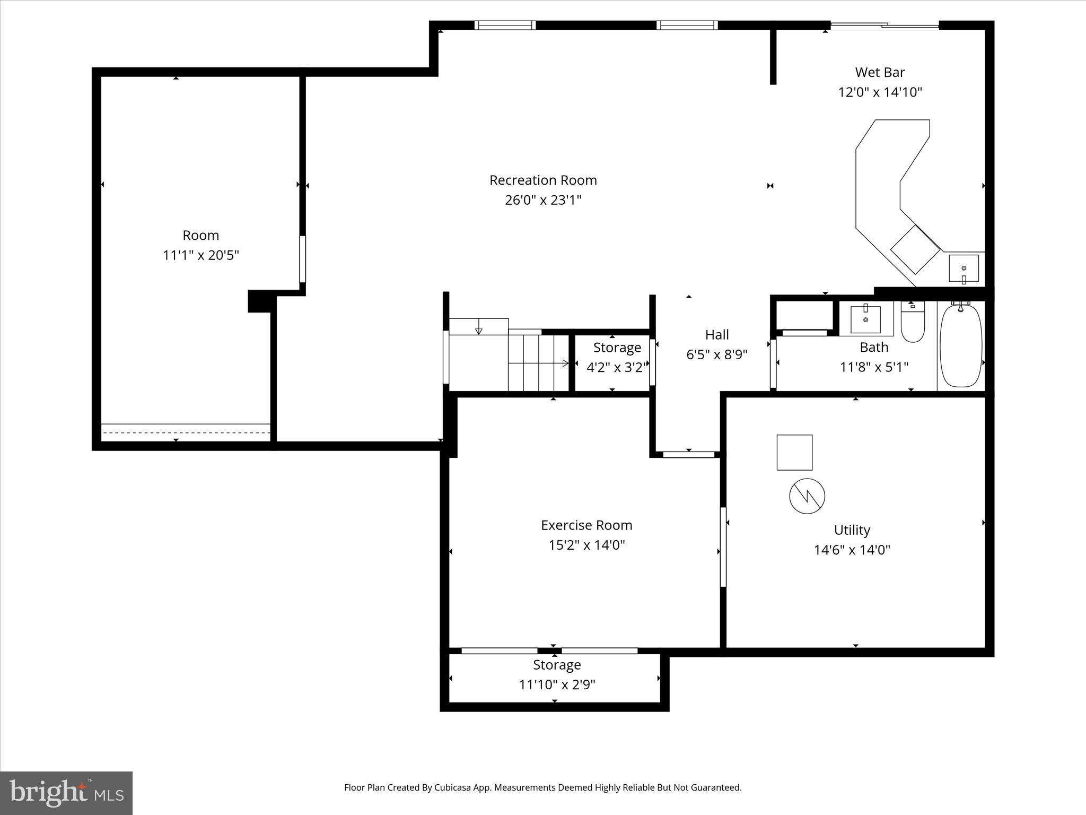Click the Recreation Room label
tap(543, 180)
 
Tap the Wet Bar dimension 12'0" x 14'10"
tap(880, 92)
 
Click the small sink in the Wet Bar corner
tap(964, 268)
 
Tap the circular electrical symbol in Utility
tap(807, 496)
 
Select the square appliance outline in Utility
tap(794, 453)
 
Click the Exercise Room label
tap(586, 525)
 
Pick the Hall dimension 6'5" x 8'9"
tap(717, 354)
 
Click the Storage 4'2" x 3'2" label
tap(617, 348)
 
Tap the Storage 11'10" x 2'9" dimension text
tap(557, 685)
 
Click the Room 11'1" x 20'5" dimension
tap(200, 255)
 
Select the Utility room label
tap(852, 530)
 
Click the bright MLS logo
tap(66, 793)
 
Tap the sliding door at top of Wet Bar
tap(884, 25)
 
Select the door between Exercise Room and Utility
tap(723, 547)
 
